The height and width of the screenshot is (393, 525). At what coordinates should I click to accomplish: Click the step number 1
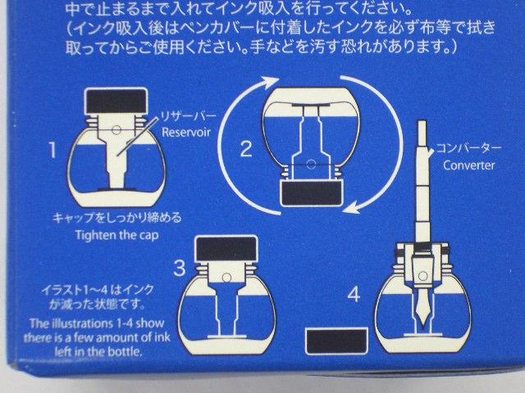pos(52,150)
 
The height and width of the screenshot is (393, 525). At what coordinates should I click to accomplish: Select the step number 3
pos(180,267)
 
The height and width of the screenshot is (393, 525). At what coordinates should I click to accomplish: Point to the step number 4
pos(353,292)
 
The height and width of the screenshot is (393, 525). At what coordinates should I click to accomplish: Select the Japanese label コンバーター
pos(473,148)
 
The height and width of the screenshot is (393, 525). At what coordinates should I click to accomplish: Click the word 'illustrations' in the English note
pos(77,322)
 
